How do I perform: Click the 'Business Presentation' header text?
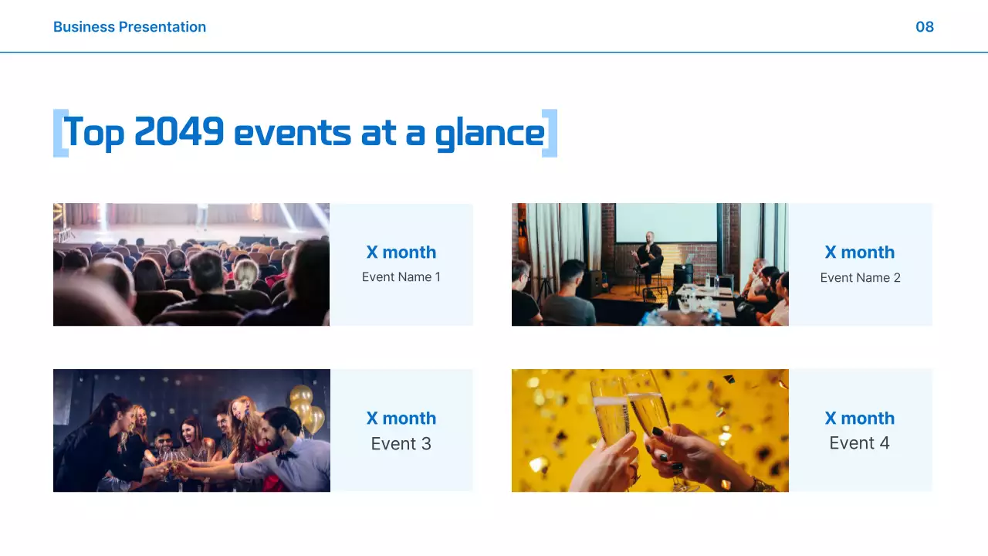[x=130, y=27]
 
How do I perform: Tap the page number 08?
[x=924, y=27]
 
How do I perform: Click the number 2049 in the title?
[x=179, y=133]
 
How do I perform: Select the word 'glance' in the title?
[x=489, y=134]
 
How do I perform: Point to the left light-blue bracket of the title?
[x=59, y=134]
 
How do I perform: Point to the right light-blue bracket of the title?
[x=550, y=134]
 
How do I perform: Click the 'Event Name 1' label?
[x=401, y=277]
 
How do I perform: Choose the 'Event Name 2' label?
[x=860, y=278]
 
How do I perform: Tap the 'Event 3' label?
[x=401, y=444]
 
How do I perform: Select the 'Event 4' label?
[x=859, y=443]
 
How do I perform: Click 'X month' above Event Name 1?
[x=401, y=253]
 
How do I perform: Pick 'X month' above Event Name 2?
[x=860, y=253]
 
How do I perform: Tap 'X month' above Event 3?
[x=401, y=419]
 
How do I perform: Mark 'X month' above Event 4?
[x=860, y=419]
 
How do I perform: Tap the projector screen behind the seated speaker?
[x=665, y=224]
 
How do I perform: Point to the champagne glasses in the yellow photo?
[x=625, y=409]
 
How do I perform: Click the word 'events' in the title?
[x=290, y=134]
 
